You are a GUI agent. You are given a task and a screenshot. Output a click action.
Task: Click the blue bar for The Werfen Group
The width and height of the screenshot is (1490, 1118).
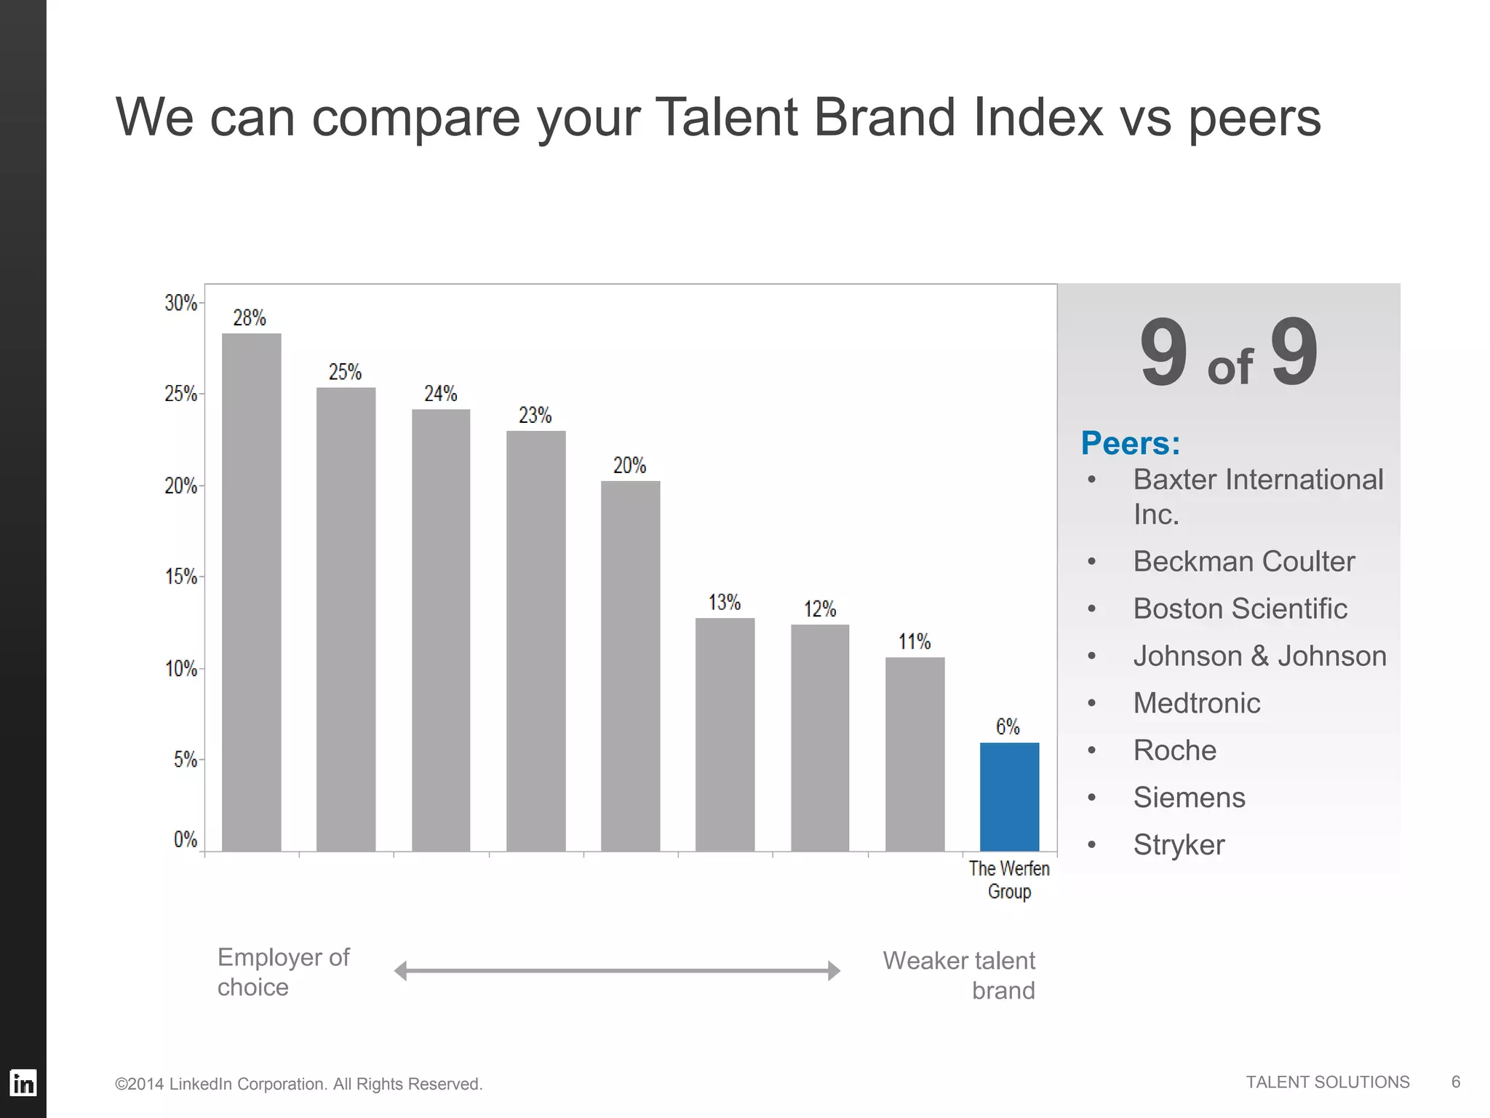(x=1009, y=797)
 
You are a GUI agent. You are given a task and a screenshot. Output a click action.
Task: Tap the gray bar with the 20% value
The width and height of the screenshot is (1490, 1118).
(x=630, y=665)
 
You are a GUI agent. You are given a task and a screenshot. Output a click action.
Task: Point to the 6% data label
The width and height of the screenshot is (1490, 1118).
(x=1008, y=726)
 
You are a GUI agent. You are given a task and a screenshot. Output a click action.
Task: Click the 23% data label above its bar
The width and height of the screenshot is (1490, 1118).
(x=535, y=416)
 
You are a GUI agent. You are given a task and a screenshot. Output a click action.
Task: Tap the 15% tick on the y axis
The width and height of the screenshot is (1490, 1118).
(x=181, y=577)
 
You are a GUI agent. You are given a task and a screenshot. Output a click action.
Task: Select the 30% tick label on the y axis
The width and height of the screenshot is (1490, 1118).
(x=180, y=303)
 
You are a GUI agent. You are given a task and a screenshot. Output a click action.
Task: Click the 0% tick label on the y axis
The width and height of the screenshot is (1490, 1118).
(x=186, y=839)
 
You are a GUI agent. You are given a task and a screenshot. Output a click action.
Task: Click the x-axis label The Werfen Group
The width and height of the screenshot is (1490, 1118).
(x=1009, y=879)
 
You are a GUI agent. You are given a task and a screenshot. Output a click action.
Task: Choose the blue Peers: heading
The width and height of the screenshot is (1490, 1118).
(x=1130, y=443)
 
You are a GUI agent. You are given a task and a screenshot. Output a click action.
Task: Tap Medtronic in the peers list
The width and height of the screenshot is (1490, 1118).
(x=1196, y=703)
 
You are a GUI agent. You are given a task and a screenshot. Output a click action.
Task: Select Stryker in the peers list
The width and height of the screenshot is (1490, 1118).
(x=1179, y=844)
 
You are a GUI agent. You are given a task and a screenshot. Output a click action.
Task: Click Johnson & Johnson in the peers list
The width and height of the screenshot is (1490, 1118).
(x=1259, y=656)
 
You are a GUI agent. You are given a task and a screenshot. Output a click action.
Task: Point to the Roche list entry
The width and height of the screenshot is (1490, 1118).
(x=1174, y=750)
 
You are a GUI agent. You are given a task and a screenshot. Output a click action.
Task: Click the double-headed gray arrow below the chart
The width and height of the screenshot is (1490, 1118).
(x=617, y=970)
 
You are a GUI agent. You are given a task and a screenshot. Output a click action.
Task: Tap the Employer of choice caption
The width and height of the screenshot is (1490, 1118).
(x=283, y=972)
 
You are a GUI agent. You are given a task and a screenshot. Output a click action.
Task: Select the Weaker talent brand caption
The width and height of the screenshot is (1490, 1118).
(x=959, y=975)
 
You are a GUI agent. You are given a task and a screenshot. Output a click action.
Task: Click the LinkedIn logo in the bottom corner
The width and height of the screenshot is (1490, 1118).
(x=23, y=1083)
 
